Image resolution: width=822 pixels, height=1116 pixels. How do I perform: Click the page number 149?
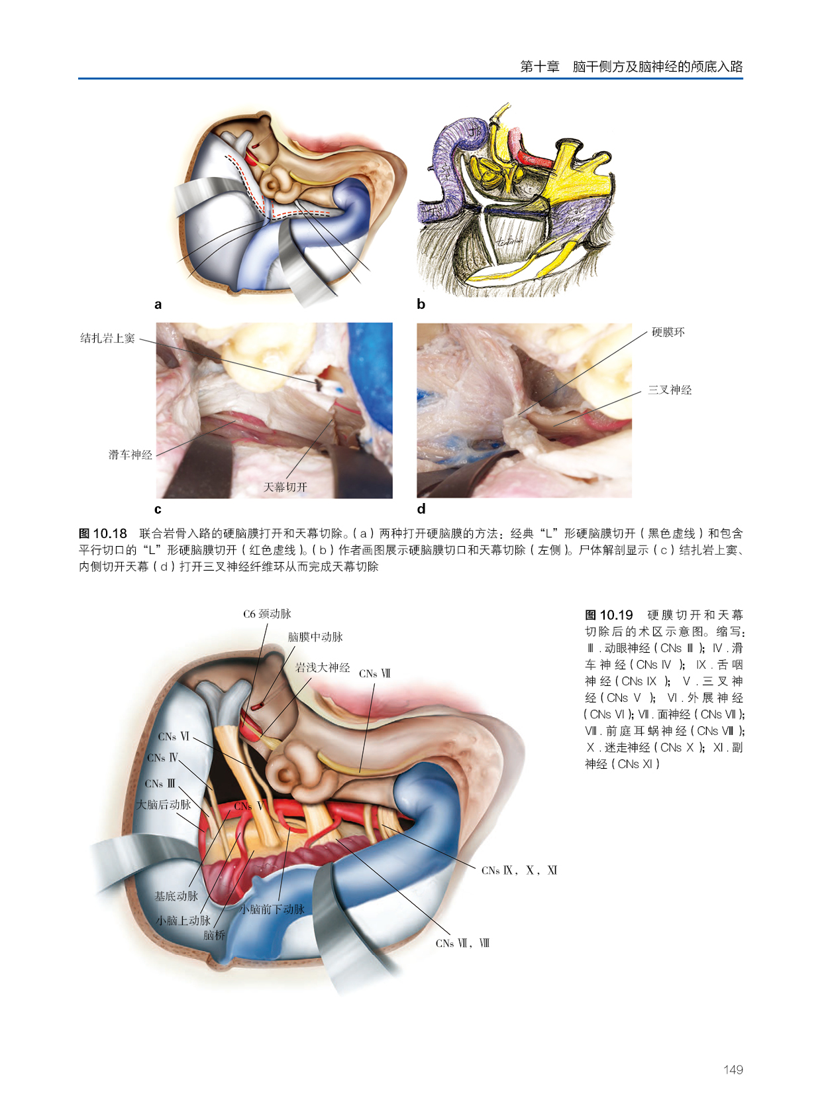point(733,1069)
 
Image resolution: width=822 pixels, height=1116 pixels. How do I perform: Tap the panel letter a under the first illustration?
point(158,305)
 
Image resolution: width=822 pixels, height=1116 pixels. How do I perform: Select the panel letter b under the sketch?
point(421,304)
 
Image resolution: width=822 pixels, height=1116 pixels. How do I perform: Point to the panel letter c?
point(158,510)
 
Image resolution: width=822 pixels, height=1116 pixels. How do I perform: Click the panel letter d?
point(421,509)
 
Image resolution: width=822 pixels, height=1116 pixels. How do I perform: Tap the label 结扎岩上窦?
point(107,338)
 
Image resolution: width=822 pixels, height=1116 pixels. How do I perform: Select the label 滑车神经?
point(130,455)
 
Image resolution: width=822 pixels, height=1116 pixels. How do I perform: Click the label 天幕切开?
point(285,487)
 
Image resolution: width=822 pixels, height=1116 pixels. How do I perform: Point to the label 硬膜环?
point(668,332)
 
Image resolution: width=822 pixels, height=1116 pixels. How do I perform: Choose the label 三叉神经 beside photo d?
point(670,390)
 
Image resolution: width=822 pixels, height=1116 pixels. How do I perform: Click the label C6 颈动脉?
point(267,614)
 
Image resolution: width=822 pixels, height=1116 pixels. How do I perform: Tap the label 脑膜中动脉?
point(315,637)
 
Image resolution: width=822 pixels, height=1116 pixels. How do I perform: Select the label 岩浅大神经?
point(323,667)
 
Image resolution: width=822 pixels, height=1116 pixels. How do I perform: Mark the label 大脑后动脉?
point(164,805)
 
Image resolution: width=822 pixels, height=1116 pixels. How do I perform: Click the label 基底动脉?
point(176,896)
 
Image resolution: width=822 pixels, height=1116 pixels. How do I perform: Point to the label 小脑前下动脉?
point(272,909)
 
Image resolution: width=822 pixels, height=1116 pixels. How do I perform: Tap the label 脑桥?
point(215,935)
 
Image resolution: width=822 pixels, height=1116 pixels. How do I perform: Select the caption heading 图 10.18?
point(103,533)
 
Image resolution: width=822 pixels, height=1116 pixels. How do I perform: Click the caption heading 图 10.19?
point(609,615)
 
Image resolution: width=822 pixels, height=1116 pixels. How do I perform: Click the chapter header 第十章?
point(539,66)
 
